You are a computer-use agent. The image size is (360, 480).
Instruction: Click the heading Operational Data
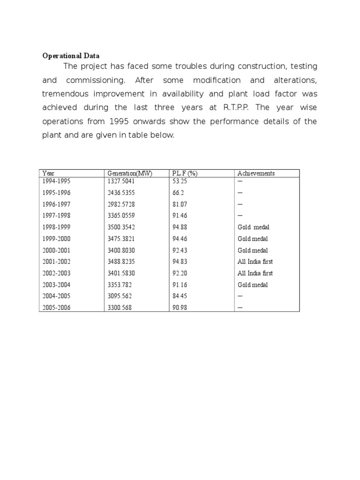71,56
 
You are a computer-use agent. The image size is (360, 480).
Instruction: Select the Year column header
48,173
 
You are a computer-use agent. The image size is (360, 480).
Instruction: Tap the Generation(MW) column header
130,173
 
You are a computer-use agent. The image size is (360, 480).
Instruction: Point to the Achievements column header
256,173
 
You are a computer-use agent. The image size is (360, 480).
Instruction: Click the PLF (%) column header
185,173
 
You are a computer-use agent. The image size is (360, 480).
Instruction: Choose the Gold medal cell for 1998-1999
254,227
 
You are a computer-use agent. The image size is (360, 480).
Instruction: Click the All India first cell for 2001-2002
255,262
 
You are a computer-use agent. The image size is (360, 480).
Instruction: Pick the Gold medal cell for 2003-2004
253,285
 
